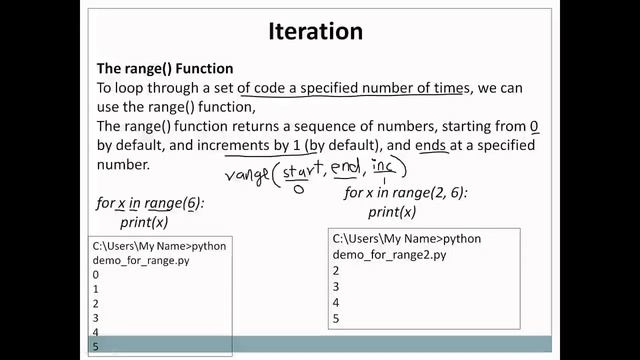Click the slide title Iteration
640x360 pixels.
coord(315,31)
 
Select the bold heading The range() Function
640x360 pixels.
coord(165,69)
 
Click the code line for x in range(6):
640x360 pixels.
coord(150,203)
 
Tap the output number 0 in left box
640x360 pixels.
coord(96,274)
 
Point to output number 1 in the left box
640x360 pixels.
coord(96,288)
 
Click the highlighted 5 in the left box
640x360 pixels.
coord(96,345)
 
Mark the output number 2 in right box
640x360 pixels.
coord(336,270)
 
